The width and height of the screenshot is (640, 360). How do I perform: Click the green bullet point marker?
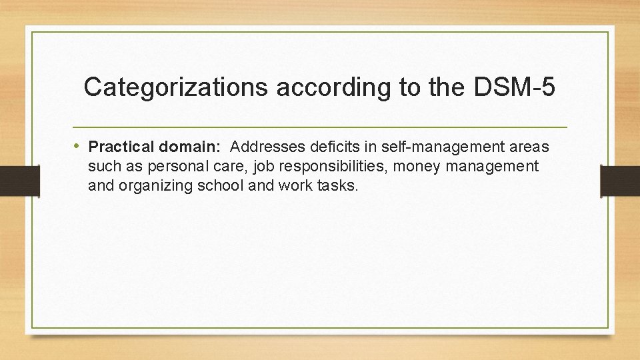(79, 146)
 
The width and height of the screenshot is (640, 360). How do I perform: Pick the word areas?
(528, 147)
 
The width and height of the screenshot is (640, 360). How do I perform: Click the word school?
(221, 185)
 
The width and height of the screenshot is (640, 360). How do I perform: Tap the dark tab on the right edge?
(619, 181)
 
